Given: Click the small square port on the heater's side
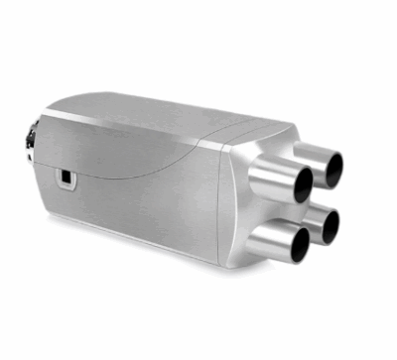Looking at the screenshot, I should (x=66, y=178).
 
